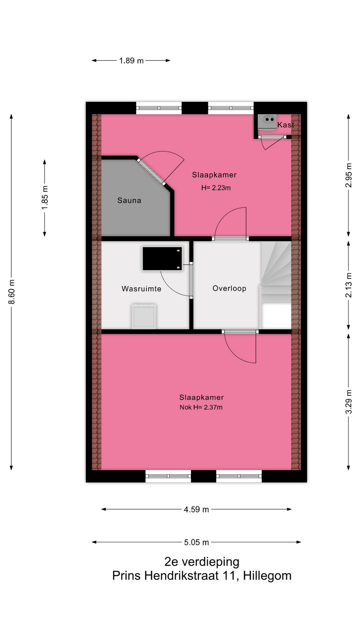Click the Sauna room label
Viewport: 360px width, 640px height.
click(x=129, y=200)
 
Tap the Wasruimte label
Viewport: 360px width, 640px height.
click(x=141, y=289)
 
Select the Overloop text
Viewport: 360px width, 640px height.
click(x=229, y=288)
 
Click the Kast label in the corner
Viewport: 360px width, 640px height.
click(x=286, y=125)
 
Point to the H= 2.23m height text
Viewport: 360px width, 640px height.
click(x=216, y=188)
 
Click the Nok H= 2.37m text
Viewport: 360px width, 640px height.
click(x=201, y=407)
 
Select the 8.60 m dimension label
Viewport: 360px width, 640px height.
click(x=12, y=292)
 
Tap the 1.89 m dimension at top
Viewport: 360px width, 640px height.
click(x=131, y=61)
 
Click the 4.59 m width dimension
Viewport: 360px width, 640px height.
click(x=196, y=509)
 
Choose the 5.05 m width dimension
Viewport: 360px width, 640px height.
click(x=196, y=542)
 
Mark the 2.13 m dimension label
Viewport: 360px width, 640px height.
click(x=348, y=285)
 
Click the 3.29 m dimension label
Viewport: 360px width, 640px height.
click(x=348, y=402)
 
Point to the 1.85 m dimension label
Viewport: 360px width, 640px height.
click(x=45, y=198)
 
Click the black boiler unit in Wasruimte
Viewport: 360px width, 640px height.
click(x=162, y=258)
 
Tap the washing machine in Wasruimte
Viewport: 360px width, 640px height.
click(x=144, y=316)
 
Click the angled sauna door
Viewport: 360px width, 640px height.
click(x=152, y=172)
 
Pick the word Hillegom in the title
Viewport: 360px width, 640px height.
click(x=267, y=576)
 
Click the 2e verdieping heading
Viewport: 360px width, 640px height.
click(x=202, y=562)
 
